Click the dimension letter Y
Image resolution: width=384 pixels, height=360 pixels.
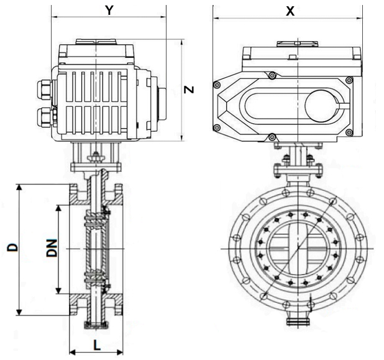(109, 10)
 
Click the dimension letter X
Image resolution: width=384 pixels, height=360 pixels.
(289, 11)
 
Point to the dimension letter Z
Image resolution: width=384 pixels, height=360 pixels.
(190, 90)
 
